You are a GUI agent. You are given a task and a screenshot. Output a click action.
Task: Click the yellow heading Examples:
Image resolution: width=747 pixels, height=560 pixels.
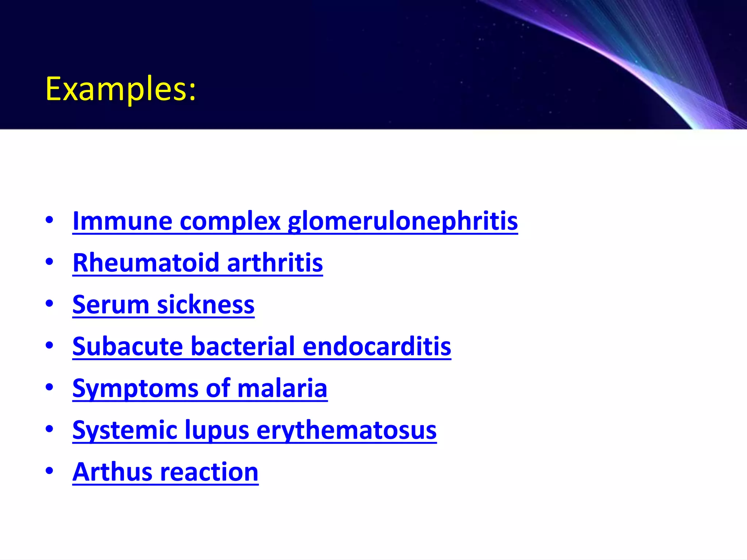[x=121, y=89]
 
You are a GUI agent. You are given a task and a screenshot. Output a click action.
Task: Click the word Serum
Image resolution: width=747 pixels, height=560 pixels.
[x=111, y=304]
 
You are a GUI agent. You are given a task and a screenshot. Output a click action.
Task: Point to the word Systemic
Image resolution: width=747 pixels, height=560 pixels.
[x=124, y=430]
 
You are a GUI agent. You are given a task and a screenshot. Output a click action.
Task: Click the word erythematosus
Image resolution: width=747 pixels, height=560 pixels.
[x=347, y=430]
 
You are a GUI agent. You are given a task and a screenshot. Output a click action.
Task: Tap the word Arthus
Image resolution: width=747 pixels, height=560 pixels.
[x=112, y=472]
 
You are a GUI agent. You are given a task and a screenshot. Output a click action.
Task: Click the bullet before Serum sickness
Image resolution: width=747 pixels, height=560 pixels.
[x=49, y=303]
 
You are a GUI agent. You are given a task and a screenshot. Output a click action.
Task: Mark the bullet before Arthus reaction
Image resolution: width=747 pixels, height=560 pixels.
[x=49, y=471]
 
